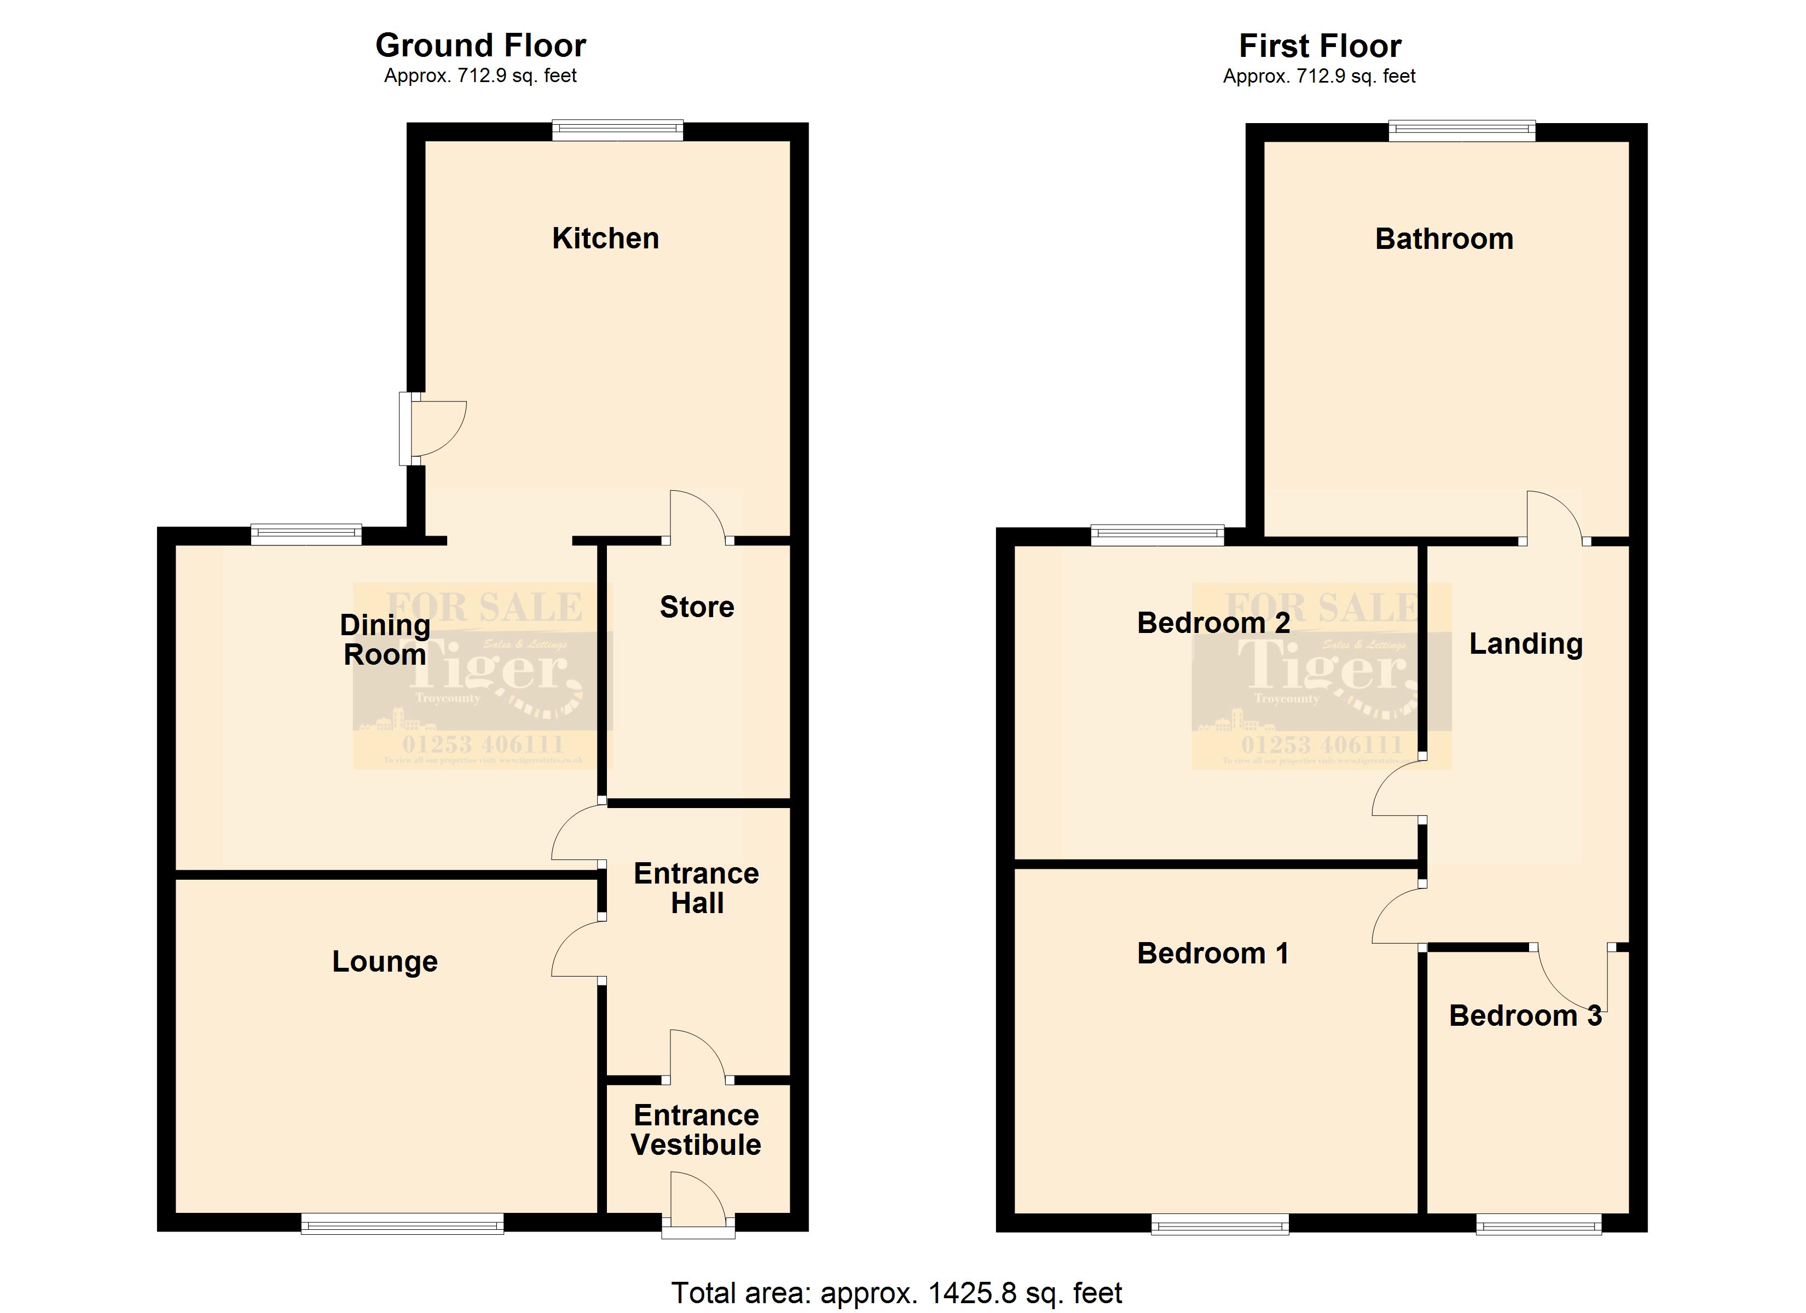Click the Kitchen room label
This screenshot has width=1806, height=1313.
[x=605, y=239]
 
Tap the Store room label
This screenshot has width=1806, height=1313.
[x=697, y=607]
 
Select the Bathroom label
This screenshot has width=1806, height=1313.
[x=1444, y=239]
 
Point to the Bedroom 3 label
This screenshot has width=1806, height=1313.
[x=1525, y=1016]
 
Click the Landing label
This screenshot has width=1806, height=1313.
[x=1526, y=643]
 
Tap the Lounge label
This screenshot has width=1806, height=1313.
[x=385, y=962]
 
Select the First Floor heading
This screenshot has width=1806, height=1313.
[x=1319, y=46]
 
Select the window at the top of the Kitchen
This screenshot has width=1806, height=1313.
[x=618, y=130]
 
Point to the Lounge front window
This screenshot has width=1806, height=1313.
[x=402, y=1224]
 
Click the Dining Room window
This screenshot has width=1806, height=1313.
[x=306, y=535]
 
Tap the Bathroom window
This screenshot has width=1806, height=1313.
[x=1462, y=131]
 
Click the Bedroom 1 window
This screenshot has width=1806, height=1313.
[x=1220, y=1224]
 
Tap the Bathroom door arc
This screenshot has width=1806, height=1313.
[x=1553, y=518]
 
